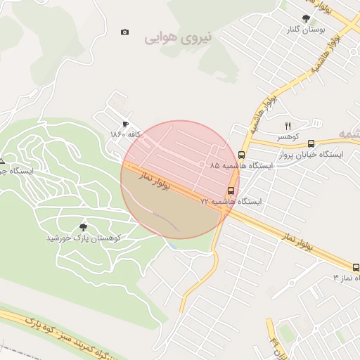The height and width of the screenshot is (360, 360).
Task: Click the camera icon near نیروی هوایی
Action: (125, 32)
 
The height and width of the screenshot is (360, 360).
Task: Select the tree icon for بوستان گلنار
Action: (305, 18)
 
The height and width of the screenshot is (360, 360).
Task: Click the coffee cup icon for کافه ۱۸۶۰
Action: (126, 124)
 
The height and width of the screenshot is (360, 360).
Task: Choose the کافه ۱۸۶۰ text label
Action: (127, 134)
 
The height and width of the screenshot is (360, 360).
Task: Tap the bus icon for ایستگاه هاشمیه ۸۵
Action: (242, 155)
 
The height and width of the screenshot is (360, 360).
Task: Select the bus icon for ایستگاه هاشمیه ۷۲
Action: (231, 191)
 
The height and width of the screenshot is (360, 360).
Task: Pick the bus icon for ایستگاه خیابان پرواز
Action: (311, 143)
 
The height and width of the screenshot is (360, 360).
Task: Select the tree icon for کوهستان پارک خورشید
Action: (83, 227)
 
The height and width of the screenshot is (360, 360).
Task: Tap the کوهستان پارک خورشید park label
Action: (83, 238)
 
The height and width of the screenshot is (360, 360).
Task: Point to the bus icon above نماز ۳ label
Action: (356, 267)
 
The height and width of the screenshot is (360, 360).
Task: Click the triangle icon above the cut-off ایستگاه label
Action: (2, 161)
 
